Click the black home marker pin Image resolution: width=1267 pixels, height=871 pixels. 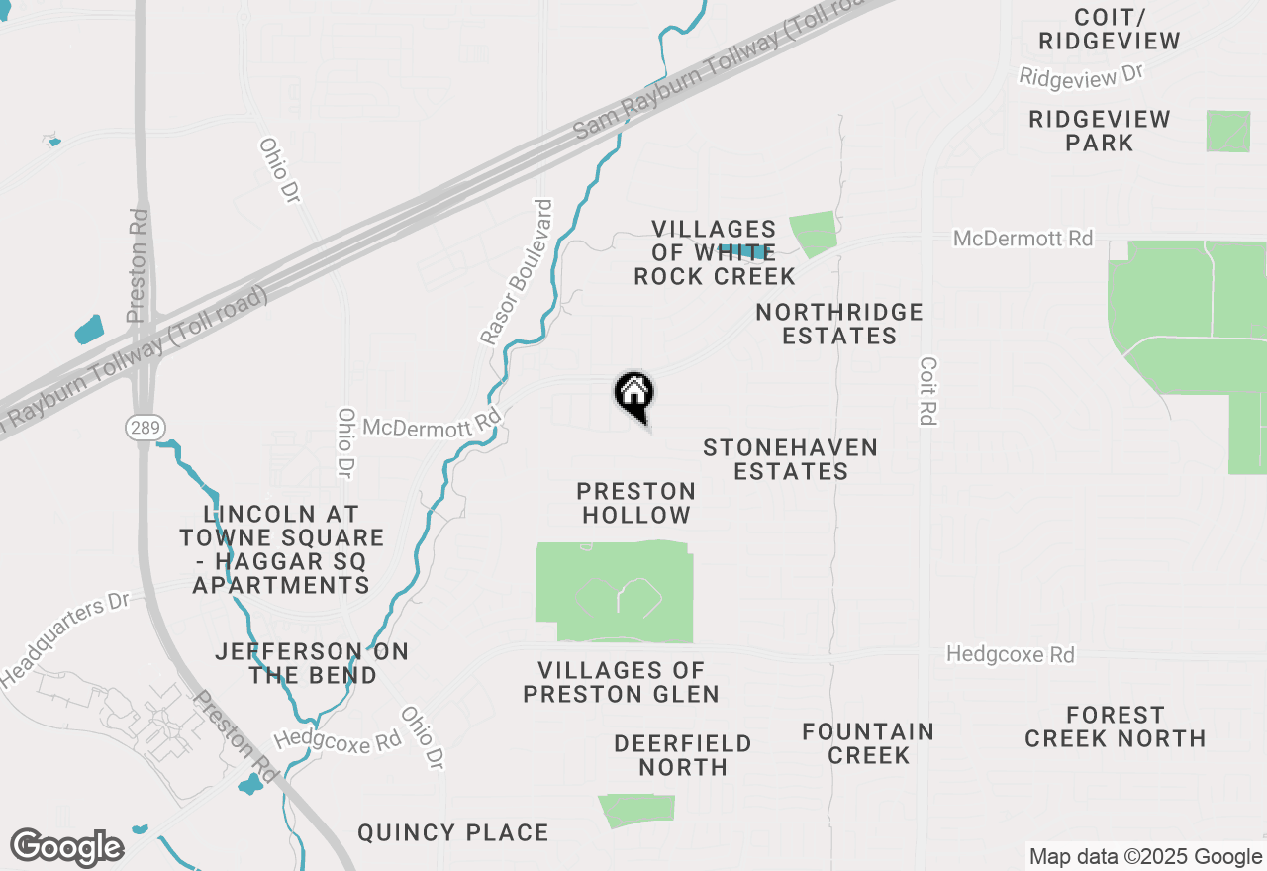(x=633, y=394)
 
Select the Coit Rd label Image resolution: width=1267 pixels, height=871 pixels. (x=927, y=391)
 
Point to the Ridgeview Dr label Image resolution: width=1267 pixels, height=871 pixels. (x=1081, y=75)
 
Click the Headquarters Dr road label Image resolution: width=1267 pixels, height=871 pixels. (x=65, y=640)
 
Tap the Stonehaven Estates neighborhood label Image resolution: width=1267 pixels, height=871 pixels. (x=790, y=459)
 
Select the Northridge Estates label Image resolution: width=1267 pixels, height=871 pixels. (x=839, y=324)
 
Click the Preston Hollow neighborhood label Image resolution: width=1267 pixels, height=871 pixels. (x=635, y=503)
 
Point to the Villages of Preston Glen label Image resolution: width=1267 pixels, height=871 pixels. (x=621, y=683)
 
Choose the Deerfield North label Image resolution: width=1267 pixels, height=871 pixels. (x=683, y=754)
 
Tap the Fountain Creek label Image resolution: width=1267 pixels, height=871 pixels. (x=868, y=743)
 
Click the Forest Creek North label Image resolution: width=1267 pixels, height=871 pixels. (x=1115, y=726)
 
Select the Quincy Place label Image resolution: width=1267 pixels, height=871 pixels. (x=453, y=832)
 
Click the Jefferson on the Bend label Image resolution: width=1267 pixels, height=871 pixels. (x=312, y=663)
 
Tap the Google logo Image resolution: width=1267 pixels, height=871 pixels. (x=66, y=848)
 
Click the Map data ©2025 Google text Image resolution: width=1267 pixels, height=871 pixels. (x=1145, y=857)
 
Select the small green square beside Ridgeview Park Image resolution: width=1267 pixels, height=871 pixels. (x=1227, y=132)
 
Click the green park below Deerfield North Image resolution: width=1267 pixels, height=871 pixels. (x=637, y=810)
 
